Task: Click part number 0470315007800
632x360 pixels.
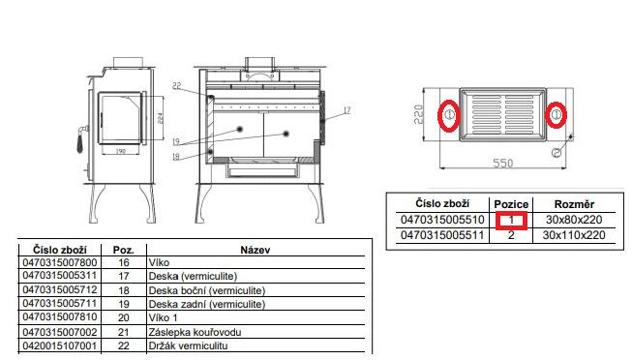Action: pos(60,263)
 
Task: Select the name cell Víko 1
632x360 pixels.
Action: pos(163,317)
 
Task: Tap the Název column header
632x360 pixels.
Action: pos(256,250)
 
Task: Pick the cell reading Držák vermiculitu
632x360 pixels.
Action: pos(188,345)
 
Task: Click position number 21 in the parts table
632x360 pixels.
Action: pos(123,332)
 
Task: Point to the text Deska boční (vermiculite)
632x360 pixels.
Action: pos(207,290)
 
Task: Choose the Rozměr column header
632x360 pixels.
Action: pos(574,204)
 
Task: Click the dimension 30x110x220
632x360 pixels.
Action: pos(574,235)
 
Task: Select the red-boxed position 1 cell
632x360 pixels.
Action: pos(511,220)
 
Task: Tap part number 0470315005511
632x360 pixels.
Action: pos(442,235)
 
